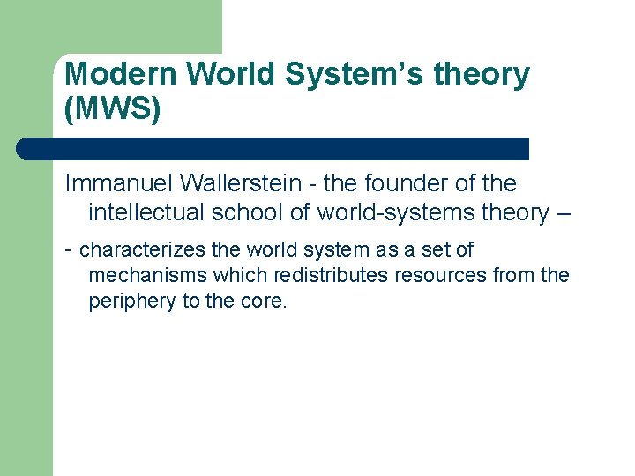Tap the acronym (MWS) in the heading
(113, 110)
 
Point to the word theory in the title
(486, 76)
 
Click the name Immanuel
(120, 184)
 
